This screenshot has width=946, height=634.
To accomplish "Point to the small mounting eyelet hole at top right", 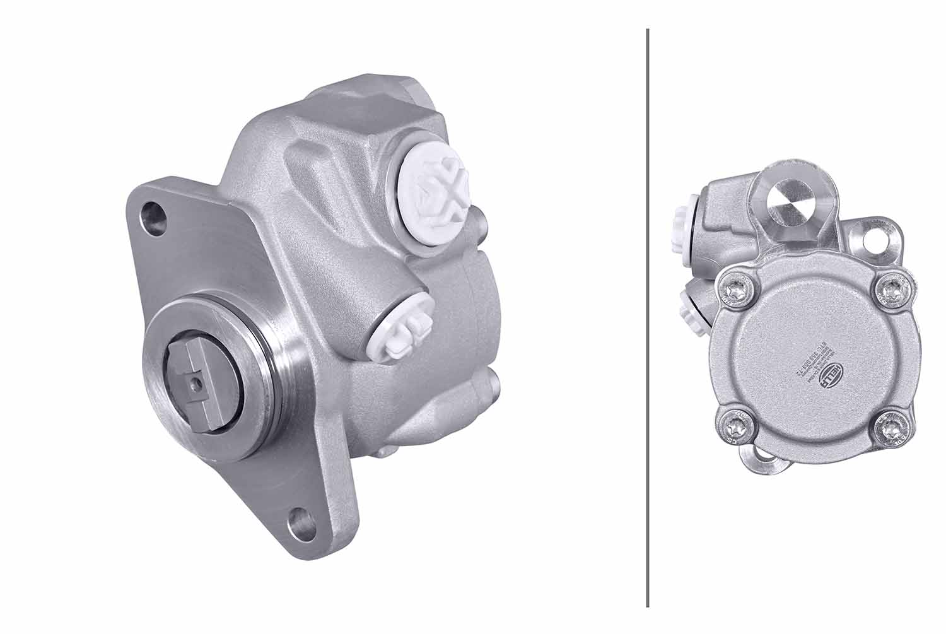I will [876, 239].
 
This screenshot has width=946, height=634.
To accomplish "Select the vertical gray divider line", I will [647, 315].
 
